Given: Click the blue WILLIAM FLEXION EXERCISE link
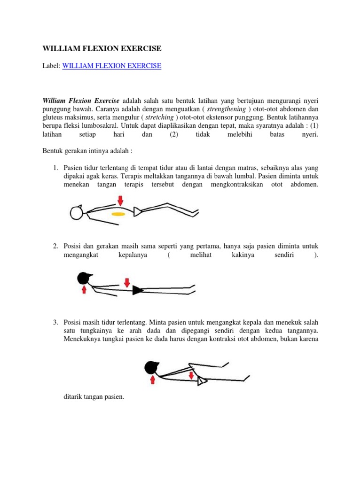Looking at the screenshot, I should pyautogui.click(x=111, y=66).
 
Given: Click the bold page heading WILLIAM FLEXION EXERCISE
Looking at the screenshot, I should pyautogui.click(x=102, y=48).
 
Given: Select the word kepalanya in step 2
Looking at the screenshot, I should pyautogui.click(x=130, y=255).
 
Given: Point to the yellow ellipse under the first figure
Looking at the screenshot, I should pyautogui.click(x=118, y=214).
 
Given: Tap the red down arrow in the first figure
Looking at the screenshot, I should pyautogui.click(x=120, y=201).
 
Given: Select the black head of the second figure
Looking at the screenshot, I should pyautogui.click(x=85, y=279).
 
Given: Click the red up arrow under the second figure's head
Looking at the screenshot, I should pyautogui.click(x=84, y=290).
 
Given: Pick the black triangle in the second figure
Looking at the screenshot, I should pyautogui.click(x=137, y=291).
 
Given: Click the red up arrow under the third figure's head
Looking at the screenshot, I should pyautogui.click(x=152, y=379).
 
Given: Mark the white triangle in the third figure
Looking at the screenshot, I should pyautogui.click(x=201, y=382).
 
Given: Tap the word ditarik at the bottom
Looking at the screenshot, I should pyautogui.click(x=73, y=397).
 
